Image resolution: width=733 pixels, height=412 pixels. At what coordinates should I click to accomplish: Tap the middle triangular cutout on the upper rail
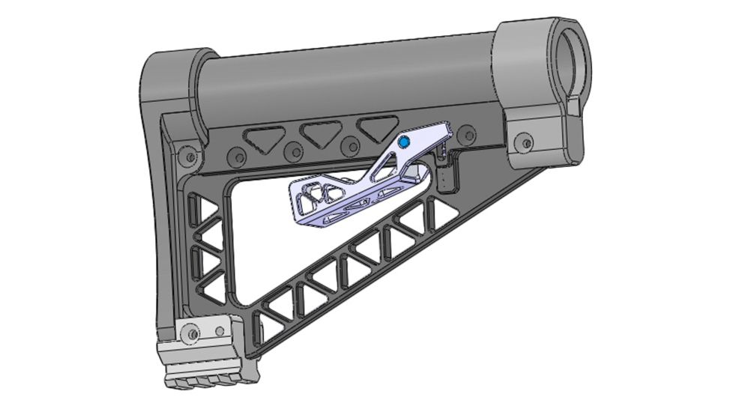coord(316,132)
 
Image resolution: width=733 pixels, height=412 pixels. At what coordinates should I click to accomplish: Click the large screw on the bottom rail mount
coord(194,332)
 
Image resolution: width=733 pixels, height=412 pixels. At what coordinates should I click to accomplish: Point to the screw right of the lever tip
coord(469,134)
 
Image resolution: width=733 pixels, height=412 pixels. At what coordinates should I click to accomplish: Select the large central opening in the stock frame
coord(270,240)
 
